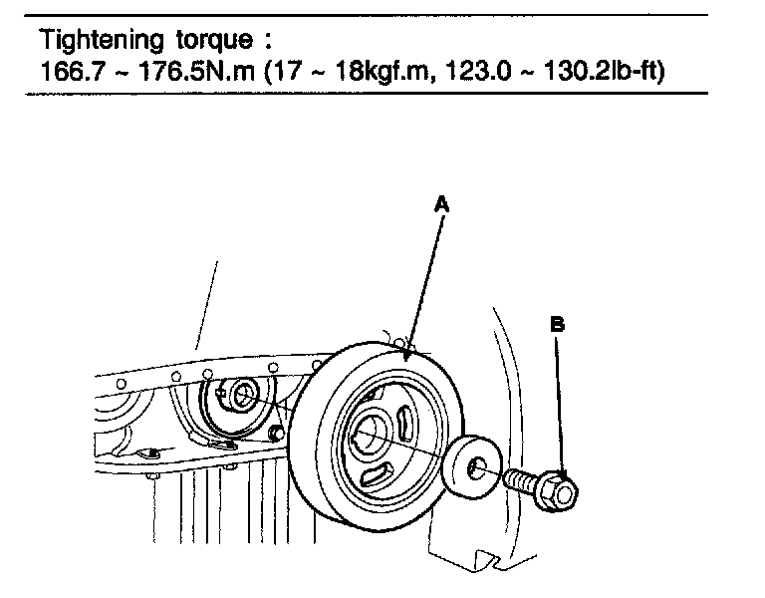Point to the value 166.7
coord(72,73)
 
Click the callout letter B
coord(558,324)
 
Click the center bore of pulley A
coord(371,431)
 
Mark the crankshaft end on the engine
coord(239,395)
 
